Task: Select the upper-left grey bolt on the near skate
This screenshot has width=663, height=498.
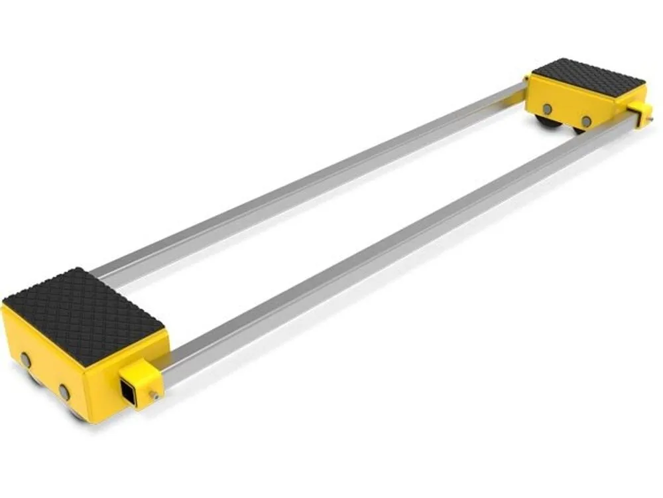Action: coord(26,359)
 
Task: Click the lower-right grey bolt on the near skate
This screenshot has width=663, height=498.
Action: coord(64,392)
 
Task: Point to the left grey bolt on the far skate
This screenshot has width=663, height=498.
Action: coord(547,108)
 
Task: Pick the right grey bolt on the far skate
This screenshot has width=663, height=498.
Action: coord(586,121)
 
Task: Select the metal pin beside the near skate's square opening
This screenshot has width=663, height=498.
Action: coord(153,395)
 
